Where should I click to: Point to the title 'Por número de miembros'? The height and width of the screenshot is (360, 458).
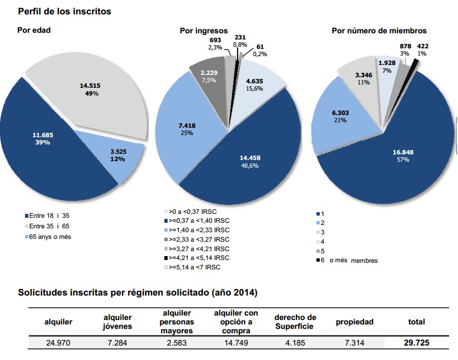click(379, 31)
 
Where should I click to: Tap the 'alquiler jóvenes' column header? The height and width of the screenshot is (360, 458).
click(117, 322)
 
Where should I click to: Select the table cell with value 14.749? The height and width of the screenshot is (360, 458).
click(236, 343)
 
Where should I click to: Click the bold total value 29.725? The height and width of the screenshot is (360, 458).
click(416, 343)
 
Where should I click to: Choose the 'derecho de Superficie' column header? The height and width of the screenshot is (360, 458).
click(295, 322)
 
